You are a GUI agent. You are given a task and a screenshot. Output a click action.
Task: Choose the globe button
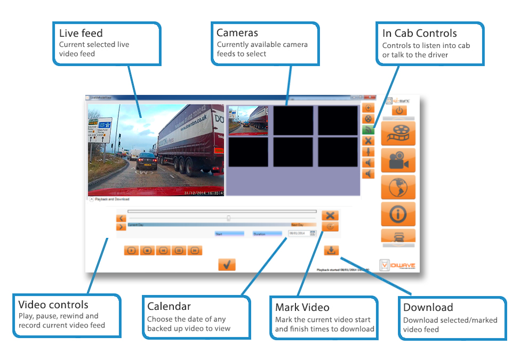(x=398, y=187)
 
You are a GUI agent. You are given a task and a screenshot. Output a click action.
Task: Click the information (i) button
(x=398, y=214)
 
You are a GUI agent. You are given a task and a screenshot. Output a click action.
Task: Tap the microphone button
(x=368, y=152)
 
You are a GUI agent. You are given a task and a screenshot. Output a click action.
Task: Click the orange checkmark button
(x=227, y=265)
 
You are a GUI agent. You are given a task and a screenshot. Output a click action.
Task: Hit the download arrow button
(x=331, y=250)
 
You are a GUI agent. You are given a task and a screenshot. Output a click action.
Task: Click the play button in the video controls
(x=131, y=250)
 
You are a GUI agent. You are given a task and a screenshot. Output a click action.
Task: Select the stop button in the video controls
(x=147, y=250)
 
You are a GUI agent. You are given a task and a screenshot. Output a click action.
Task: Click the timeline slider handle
(x=229, y=218)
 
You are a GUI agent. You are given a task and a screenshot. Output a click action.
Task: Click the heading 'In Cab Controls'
(x=419, y=33)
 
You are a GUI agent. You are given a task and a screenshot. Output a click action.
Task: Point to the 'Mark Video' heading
(x=302, y=307)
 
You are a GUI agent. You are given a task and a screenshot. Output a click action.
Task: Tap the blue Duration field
(x=267, y=234)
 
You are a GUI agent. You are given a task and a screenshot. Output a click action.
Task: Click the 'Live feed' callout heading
(x=81, y=33)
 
